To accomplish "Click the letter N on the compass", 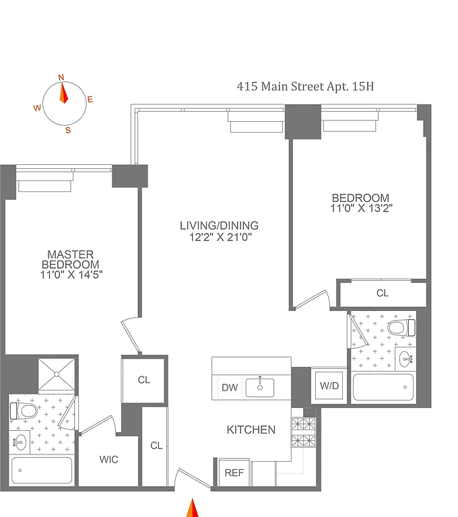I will (x=61, y=77).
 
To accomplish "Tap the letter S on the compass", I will (x=67, y=131).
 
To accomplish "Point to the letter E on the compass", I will (x=90, y=100).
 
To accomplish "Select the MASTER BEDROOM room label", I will (x=71, y=259).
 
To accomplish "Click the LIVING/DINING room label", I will (x=219, y=226).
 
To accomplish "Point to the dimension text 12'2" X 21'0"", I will (x=219, y=237).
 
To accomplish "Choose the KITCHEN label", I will (x=251, y=429).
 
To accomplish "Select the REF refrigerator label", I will (x=234, y=473).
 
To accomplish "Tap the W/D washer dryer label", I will (x=329, y=386).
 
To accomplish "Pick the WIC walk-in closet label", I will (x=109, y=460).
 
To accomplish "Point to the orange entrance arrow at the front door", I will (x=192, y=507).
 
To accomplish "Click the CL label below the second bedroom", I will (x=382, y=293).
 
